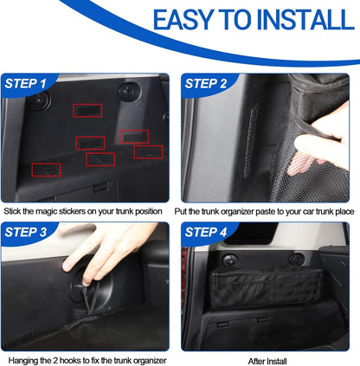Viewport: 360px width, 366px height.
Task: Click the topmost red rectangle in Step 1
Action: [87, 111]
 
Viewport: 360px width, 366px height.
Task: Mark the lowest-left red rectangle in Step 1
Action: [47, 169]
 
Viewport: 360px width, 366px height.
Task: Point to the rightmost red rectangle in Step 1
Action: [148, 151]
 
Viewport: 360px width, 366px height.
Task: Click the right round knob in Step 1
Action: [134, 89]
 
